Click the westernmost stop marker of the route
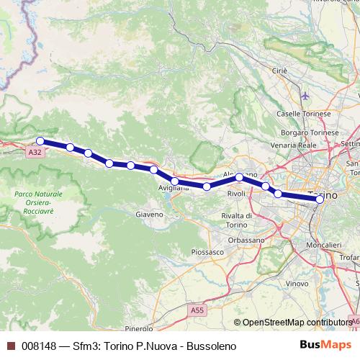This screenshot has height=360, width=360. point(40,141)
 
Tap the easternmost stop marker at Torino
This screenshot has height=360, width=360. point(320,200)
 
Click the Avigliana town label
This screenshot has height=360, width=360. point(174,188)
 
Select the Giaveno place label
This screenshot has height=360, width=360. point(150,214)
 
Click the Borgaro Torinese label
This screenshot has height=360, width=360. point(310,133)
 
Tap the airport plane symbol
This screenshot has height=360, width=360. point(305,96)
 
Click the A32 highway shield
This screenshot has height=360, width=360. point(35,153)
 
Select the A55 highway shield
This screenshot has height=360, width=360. point(197,309)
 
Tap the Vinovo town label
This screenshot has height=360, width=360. point(296,284)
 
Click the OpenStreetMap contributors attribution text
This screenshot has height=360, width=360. point(295,323)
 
